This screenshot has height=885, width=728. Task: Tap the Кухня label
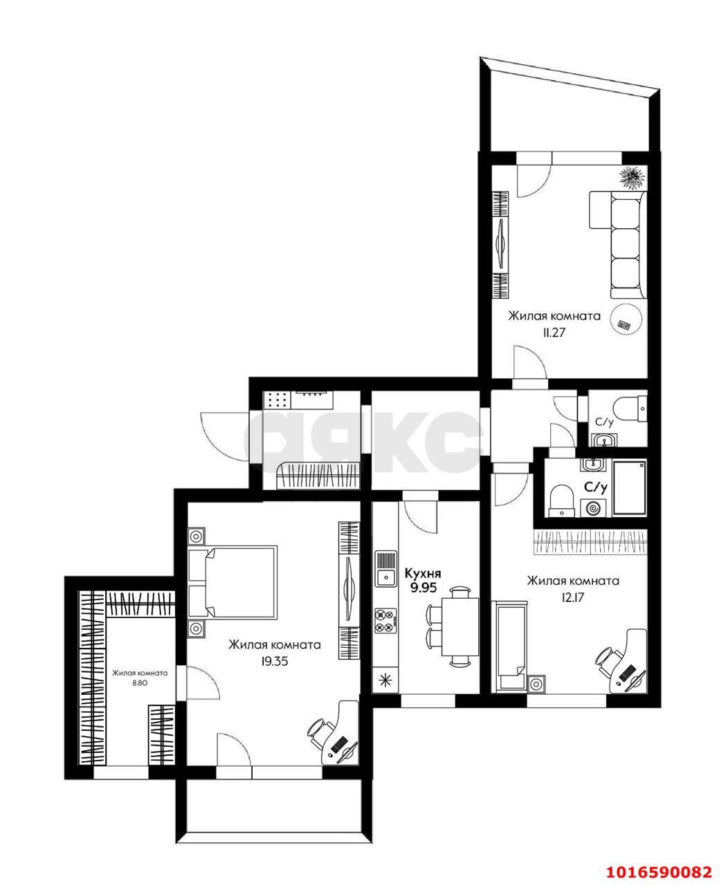423,573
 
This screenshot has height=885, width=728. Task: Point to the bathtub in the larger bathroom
629,488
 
